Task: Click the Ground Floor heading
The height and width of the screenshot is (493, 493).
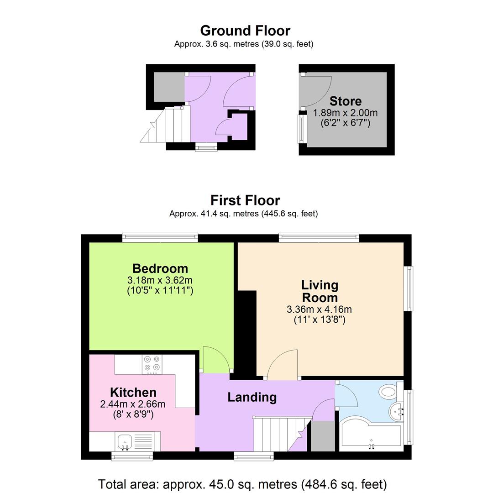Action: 245,31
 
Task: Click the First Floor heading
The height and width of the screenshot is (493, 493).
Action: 245,200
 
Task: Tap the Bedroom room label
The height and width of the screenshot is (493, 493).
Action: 160,268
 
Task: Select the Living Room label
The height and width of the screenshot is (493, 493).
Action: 320,291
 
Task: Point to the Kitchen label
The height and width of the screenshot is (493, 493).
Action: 133,393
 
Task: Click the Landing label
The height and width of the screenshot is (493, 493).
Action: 252,397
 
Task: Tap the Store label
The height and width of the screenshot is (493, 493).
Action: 346,101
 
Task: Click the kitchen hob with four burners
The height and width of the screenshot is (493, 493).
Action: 152,364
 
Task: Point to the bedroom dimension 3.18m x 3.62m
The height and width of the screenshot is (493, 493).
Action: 160,280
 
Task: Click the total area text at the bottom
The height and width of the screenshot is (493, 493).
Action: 242,484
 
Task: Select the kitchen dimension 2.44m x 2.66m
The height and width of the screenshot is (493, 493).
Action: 133,404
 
